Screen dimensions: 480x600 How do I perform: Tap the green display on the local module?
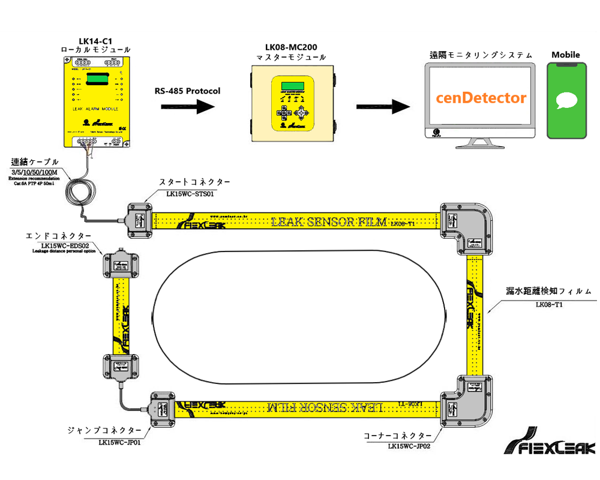tap(96, 79)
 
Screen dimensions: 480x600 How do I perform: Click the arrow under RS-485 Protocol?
tap(188, 106)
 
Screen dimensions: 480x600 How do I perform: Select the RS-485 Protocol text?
tap(187, 91)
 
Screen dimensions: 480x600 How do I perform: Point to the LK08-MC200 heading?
tap(291, 47)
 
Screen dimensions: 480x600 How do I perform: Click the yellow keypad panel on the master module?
tap(291, 103)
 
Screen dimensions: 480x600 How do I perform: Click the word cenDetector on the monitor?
tap(481, 98)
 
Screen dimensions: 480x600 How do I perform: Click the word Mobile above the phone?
tap(566, 55)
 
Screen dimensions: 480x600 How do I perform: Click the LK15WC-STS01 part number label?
tap(187, 194)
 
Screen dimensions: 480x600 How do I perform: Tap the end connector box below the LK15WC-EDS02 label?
tap(121, 263)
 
